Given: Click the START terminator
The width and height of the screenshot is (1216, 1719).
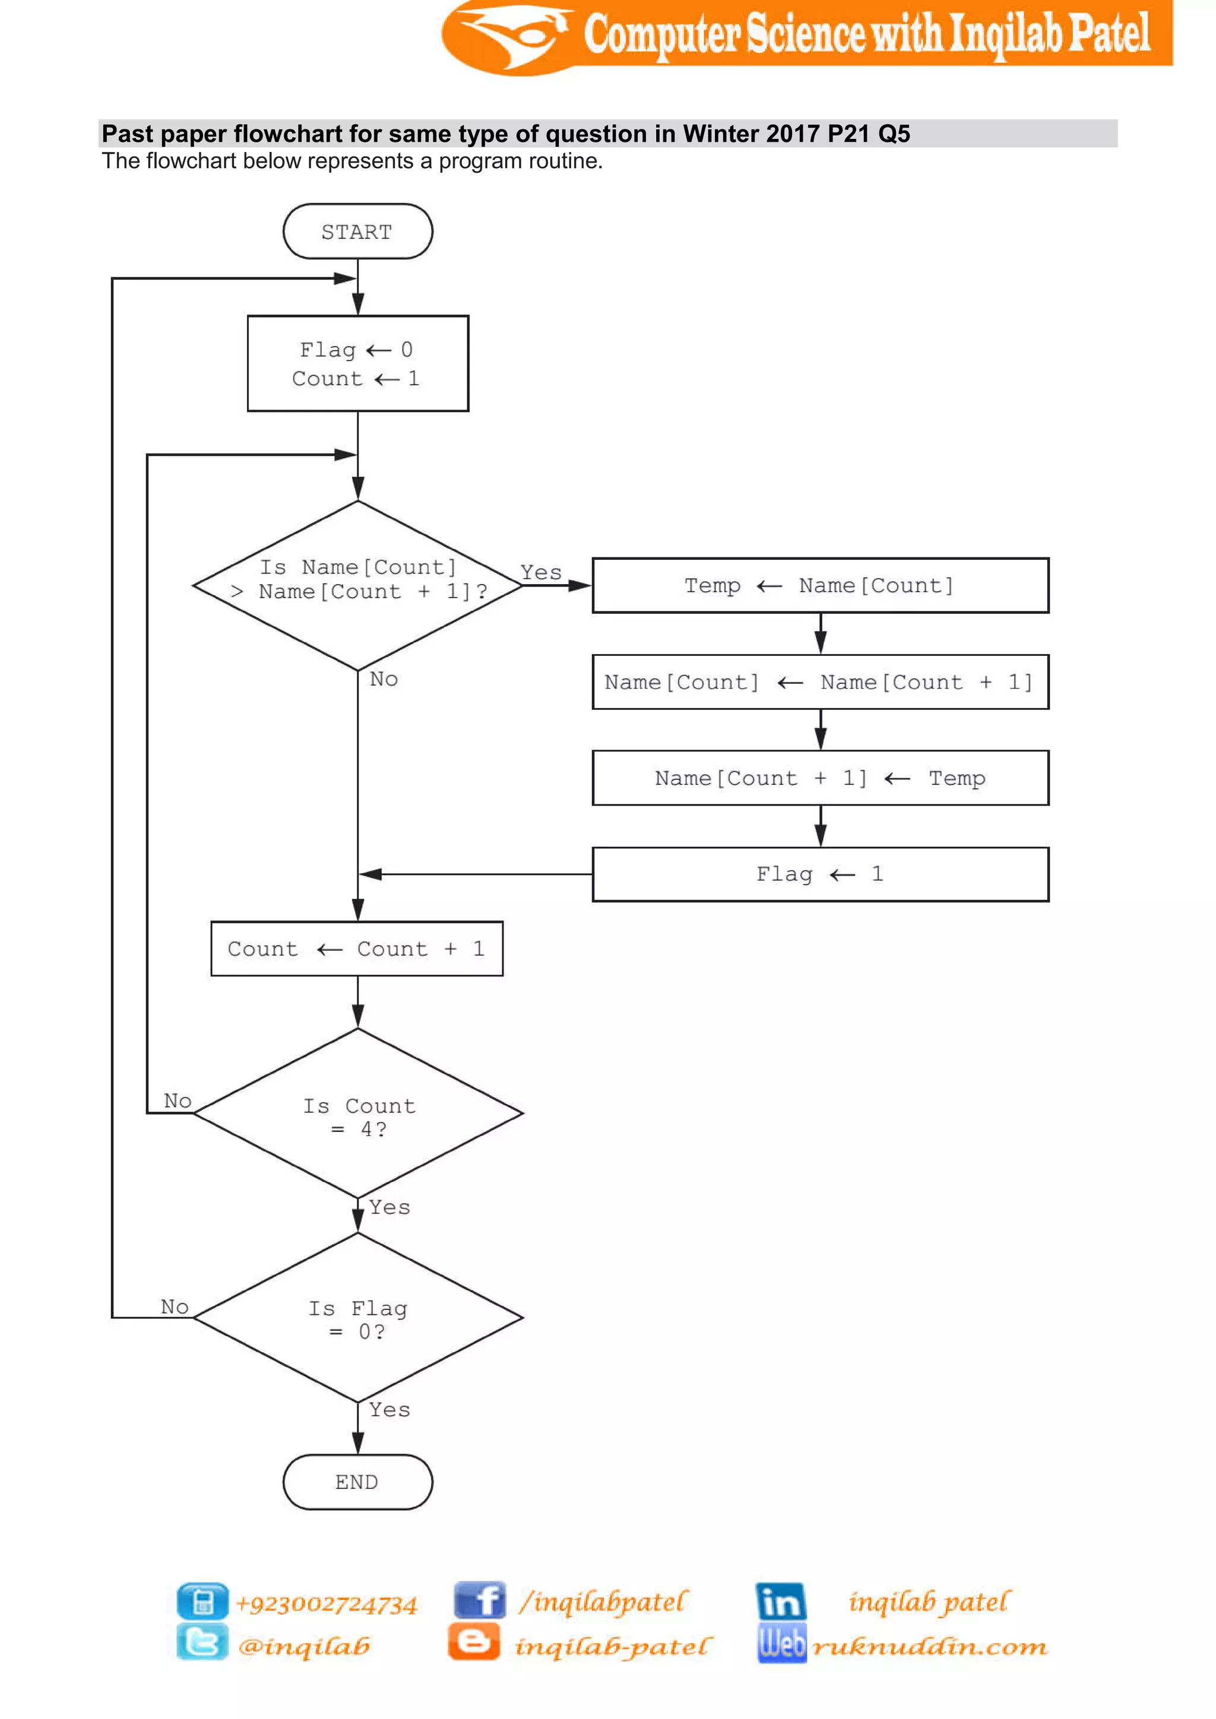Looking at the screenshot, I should pos(357,231).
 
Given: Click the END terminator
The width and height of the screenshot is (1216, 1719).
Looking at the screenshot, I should pos(357,1482).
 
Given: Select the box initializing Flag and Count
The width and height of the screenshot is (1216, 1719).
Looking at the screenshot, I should pos(357,363).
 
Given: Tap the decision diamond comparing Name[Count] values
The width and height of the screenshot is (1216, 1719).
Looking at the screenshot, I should pos(357,584).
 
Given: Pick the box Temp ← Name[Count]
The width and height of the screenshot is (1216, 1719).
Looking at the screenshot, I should pos(820,585).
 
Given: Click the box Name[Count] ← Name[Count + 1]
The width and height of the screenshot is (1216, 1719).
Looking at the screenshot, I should pos(820,682).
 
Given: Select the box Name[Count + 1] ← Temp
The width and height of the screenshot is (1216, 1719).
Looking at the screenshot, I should pos(820,778).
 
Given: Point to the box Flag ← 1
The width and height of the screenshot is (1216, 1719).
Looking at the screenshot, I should pos(820,874).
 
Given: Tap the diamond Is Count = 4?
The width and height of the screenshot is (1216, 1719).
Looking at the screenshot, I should pos(357,1114).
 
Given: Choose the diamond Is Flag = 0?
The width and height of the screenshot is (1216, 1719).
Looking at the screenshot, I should pos(357,1318).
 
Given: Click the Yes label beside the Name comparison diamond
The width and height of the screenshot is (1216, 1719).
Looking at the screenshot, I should pos(541,573).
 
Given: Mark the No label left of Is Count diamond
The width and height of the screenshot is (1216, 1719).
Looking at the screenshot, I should pos(178,1100).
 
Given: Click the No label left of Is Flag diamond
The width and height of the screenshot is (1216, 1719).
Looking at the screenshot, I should pos(175,1306).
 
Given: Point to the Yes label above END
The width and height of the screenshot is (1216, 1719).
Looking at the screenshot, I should pos(389,1410).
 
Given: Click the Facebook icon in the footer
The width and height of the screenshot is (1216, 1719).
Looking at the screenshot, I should pos(479,1601).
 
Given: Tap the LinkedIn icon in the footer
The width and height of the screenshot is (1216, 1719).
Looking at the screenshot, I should pos(780,1601).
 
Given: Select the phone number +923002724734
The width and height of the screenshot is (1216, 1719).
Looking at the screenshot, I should pos(326,1604).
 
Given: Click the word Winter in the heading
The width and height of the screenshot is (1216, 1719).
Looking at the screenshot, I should pos(720,134).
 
